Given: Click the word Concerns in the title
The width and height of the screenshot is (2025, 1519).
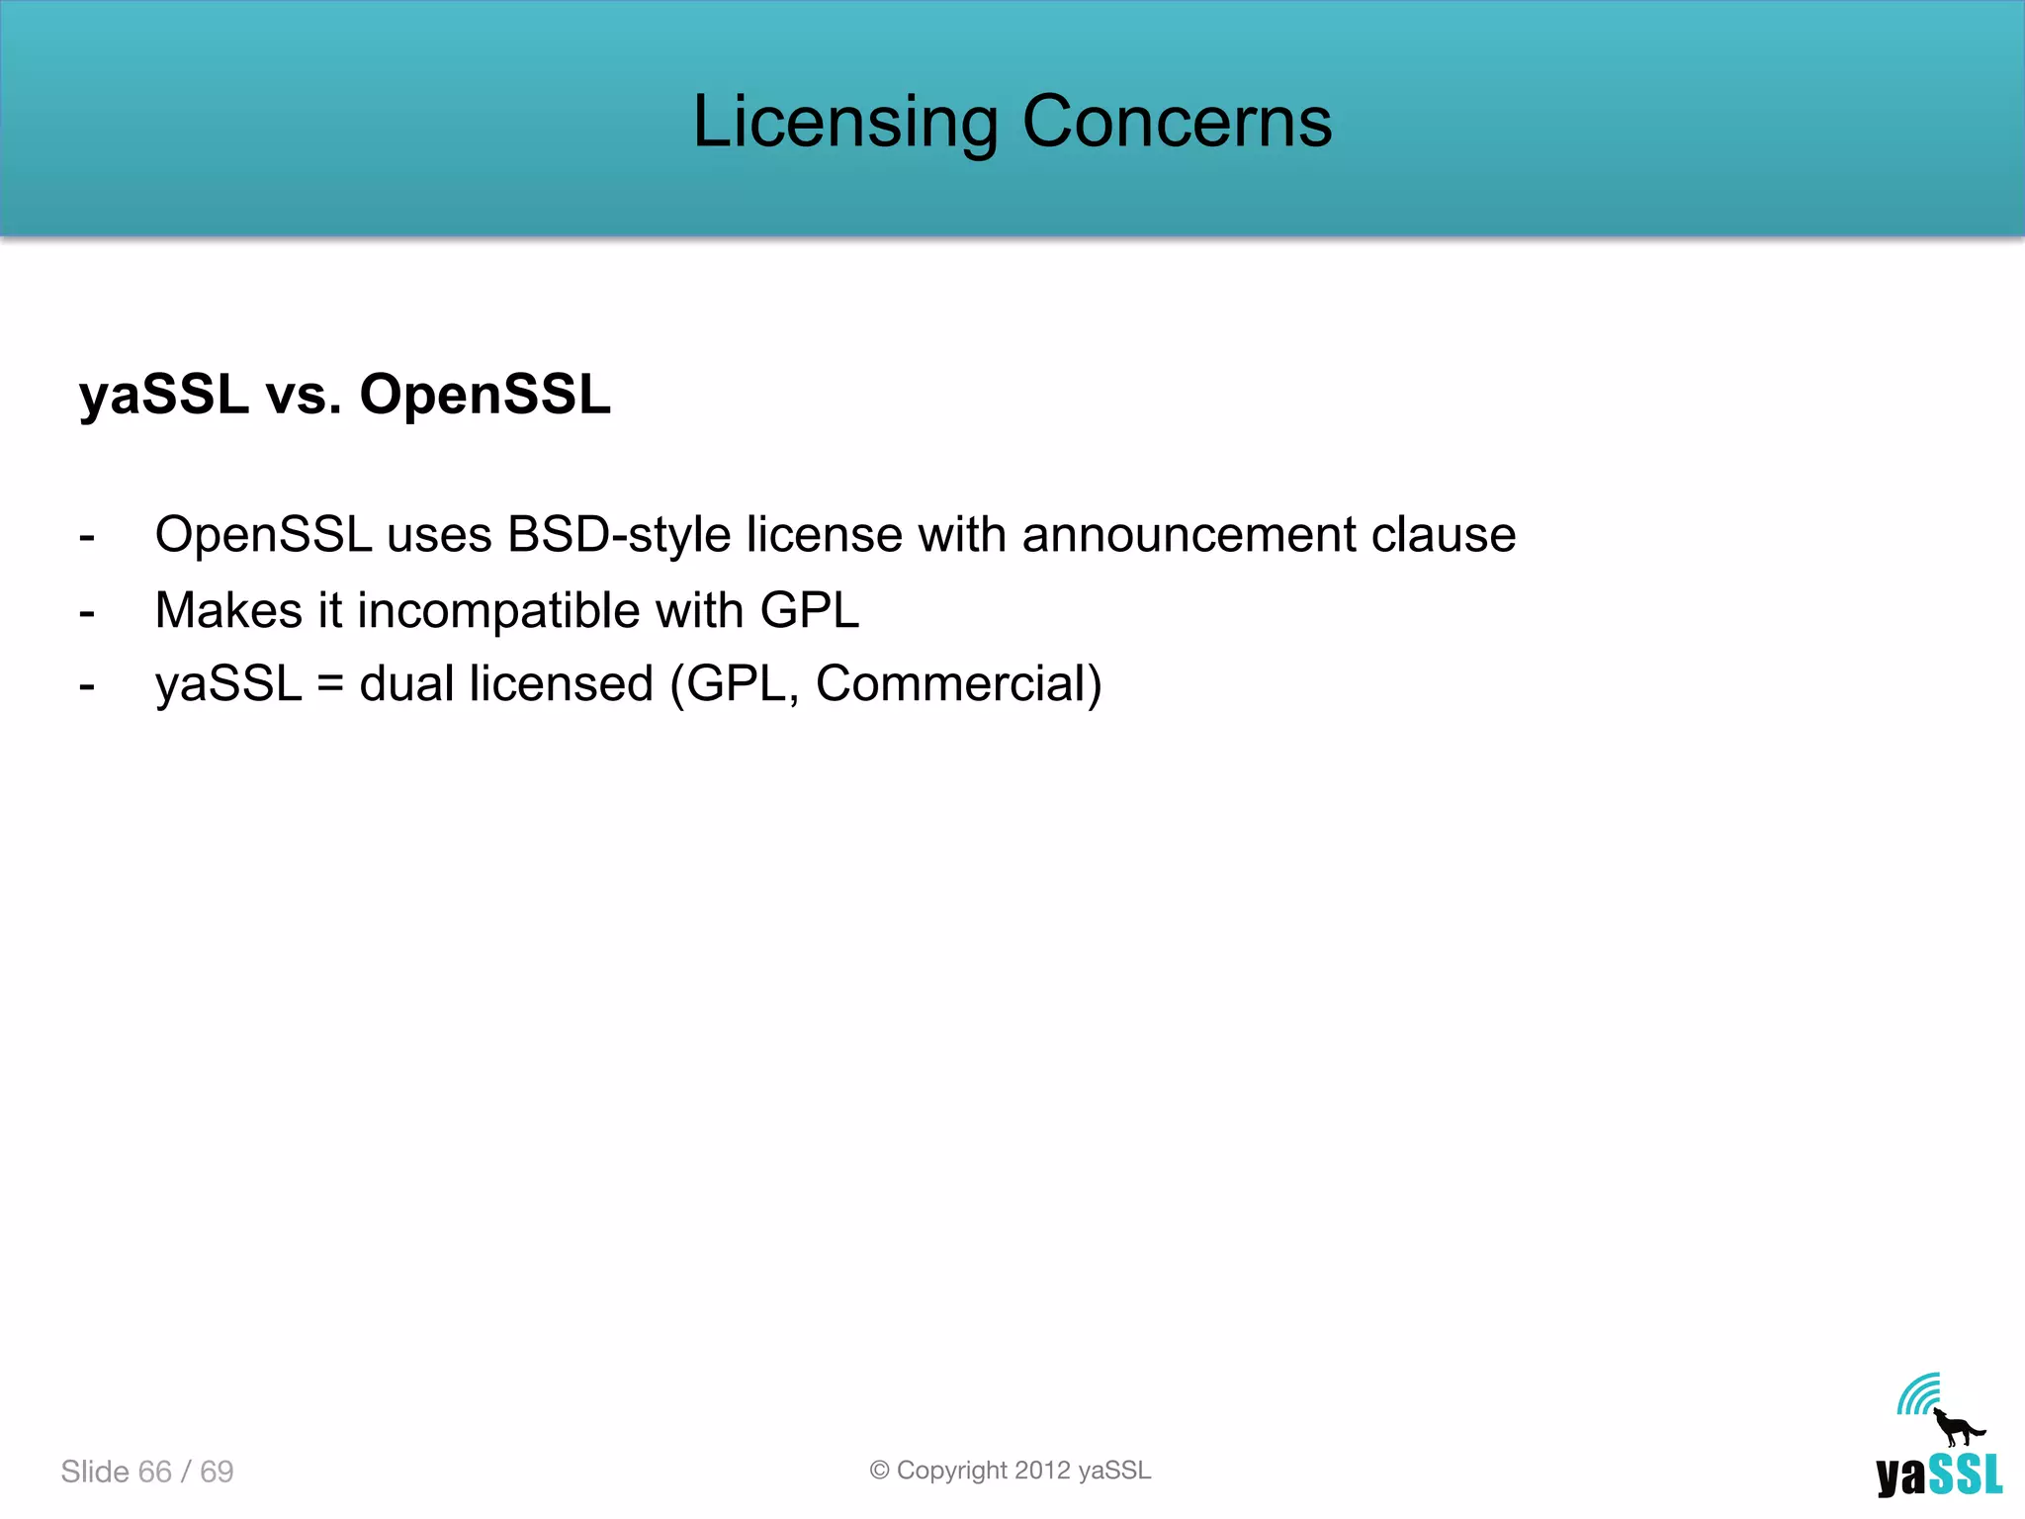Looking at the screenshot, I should [x=1177, y=123].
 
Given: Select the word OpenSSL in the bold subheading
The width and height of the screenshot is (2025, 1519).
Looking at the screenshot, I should [x=484, y=395].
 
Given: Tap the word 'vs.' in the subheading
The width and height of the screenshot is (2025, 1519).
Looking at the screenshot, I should [x=304, y=395].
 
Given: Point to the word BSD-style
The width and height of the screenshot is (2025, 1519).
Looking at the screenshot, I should [x=618, y=535].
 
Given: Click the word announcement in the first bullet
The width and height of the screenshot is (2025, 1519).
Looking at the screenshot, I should [x=1189, y=535].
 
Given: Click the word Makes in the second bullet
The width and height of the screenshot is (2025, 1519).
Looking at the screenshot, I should [x=228, y=609].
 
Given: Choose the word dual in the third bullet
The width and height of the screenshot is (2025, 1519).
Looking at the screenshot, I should [x=406, y=683].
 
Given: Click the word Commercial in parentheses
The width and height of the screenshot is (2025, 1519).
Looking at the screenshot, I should [x=950, y=683].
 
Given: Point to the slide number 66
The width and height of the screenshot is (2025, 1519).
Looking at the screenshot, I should [x=155, y=1472].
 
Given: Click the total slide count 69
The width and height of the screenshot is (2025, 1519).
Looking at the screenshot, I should [x=217, y=1472].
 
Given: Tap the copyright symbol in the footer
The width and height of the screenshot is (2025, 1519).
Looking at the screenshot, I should [x=879, y=1471].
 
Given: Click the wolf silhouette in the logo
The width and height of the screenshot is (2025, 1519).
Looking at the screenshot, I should [x=1956, y=1427].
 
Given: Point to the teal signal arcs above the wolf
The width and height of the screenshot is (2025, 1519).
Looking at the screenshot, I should [x=1917, y=1394].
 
